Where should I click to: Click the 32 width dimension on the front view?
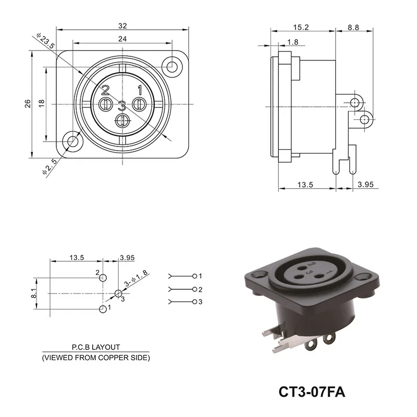click(122, 25)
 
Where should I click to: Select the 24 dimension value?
click(122, 38)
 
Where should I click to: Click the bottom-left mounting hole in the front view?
click(71, 142)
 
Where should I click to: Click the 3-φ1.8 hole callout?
click(134, 277)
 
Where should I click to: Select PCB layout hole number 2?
click(102, 277)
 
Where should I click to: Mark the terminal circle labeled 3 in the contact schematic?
click(194, 302)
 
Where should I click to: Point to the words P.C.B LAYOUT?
click(95, 347)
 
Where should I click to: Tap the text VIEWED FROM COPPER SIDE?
click(95, 358)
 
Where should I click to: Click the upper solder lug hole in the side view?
click(355, 102)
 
